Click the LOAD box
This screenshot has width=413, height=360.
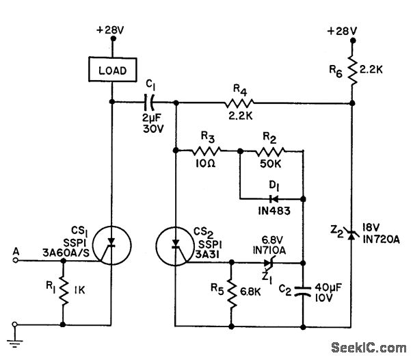pyautogui.click(x=111, y=70)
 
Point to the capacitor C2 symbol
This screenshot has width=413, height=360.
pyautogui.click(x=302, y=290)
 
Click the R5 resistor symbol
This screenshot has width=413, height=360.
pyautogui.click(x=232, y=290)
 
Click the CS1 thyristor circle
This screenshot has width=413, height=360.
pyautogui.click(x=111, y=243)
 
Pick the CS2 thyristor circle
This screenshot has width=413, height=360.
pyautogui.click(x=176, y=244)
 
